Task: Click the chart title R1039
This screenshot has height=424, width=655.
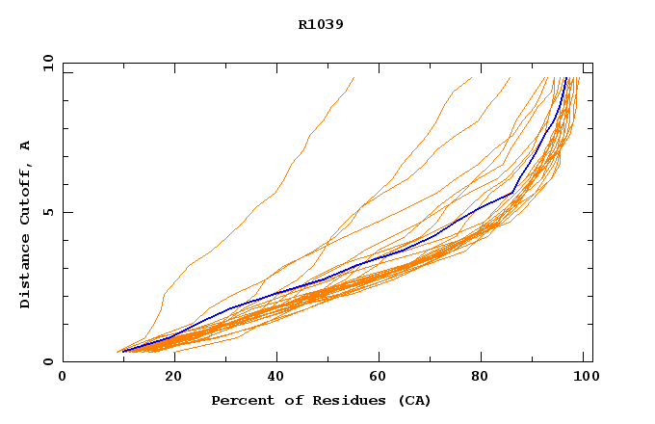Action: pos(321,24)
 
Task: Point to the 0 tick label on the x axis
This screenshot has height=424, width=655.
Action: pos(63,378)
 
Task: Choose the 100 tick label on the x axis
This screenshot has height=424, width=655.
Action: pos(584,378)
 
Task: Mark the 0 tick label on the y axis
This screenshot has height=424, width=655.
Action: pos(48,362)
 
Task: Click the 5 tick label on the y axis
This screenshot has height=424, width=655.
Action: pos(48,213)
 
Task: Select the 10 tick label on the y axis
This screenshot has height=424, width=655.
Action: pos(46,63)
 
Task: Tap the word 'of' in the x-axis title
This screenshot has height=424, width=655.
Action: pos(294,400)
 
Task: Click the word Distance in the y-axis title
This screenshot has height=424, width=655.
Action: pos(26,271)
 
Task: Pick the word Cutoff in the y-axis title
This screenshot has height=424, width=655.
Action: pos(26,192)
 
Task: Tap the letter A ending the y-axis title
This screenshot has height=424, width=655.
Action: pos(26,146)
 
